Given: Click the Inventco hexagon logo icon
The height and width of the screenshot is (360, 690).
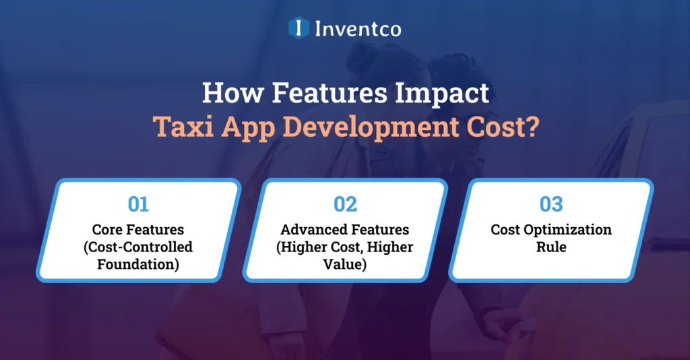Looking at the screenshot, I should click(296, 28).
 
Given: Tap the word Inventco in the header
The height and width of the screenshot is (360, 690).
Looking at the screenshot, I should click(358, 28).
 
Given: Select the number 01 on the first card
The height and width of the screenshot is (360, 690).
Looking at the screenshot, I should click(138, 204).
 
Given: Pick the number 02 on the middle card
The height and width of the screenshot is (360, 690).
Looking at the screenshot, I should click(345, 204).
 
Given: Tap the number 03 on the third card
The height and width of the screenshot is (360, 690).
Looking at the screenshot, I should click(551, 204).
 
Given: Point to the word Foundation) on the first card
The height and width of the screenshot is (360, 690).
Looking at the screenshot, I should click(138, 264).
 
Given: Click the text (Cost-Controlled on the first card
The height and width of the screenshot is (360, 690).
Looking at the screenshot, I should click(138, 247).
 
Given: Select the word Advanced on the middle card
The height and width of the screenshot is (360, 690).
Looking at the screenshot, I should click(311, 229).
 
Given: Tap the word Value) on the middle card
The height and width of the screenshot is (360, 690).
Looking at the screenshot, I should click(345, 264).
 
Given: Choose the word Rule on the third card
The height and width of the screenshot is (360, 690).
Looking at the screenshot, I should click(551, 247).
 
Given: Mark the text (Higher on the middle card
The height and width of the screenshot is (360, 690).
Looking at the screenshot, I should click(300, 247).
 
